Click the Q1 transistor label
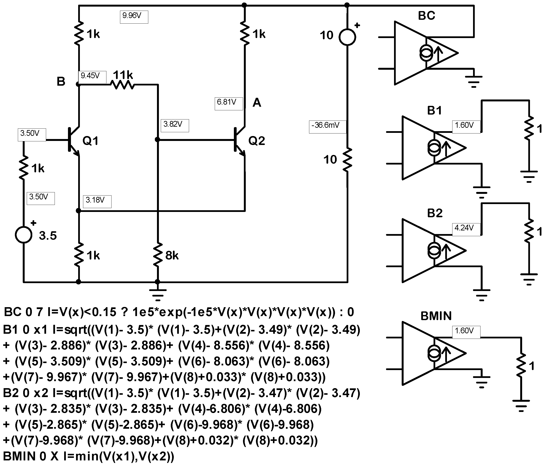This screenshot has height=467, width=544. pos(90,141)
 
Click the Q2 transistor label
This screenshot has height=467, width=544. pos(257,141)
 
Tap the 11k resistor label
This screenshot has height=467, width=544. pos(123,75)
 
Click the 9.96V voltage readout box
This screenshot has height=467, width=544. pos(134,17)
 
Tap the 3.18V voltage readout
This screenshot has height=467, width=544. pos(97,202)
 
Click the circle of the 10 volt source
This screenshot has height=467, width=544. pos(347,37)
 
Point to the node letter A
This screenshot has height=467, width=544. pos(257,103)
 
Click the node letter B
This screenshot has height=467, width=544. pos(61,82)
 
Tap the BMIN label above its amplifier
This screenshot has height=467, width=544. pos(436,316)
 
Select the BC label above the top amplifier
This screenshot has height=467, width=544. pos(426,16)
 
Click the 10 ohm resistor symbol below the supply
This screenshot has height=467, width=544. pos(347,159)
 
